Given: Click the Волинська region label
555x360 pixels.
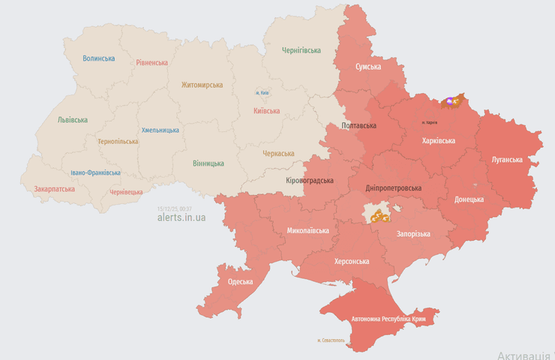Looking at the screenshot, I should click(x=99, y=58).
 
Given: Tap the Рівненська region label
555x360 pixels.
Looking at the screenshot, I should click(x=152, y=62).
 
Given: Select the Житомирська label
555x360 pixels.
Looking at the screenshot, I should click(x=202, y=85).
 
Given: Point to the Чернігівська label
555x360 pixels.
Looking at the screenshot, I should click(x=301, y=50).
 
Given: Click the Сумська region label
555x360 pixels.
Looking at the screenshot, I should click(x=368, y=67).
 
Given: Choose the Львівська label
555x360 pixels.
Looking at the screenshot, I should click(x=72, y=120).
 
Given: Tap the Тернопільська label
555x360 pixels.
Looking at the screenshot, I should click(x=118, y=141).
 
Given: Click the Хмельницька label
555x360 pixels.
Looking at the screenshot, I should click(x=160, y=130).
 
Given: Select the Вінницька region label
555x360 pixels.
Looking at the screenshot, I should click(x=208, y=163).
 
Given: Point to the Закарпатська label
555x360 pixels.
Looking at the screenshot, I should click(x=54, y=189).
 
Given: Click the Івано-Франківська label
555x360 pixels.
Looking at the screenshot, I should click(x=95, y=172).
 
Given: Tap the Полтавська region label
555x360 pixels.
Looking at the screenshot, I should click(x=358, y=125).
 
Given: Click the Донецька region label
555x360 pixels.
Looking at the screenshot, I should click(x=469, y=199).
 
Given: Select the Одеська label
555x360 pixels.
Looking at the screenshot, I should click(x=240, y=282).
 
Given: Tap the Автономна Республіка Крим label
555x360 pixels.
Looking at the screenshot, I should click(x=392, y=319).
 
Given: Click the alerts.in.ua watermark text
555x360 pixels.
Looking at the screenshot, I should click(x=181, y=217).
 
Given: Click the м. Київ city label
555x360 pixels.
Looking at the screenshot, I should click(x=262, y=92).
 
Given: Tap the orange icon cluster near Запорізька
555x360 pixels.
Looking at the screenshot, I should click(x=380, y=217).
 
